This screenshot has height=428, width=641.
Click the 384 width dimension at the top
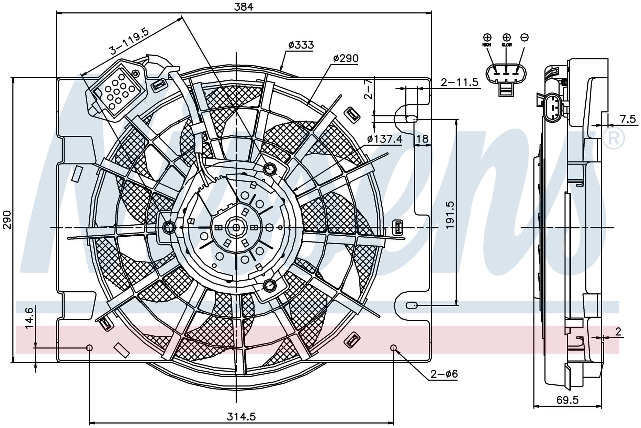point(244,6)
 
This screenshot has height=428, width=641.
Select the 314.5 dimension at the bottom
point(241,417)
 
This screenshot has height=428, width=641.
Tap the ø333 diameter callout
point(301,45)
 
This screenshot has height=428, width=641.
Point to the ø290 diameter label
point(346,58)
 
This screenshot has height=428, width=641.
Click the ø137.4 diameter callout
point(384,139)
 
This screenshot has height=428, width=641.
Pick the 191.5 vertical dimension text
point(450,215)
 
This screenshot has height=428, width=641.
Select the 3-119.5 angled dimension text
point(129,42)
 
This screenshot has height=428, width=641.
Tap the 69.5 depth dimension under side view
point(567,400)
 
